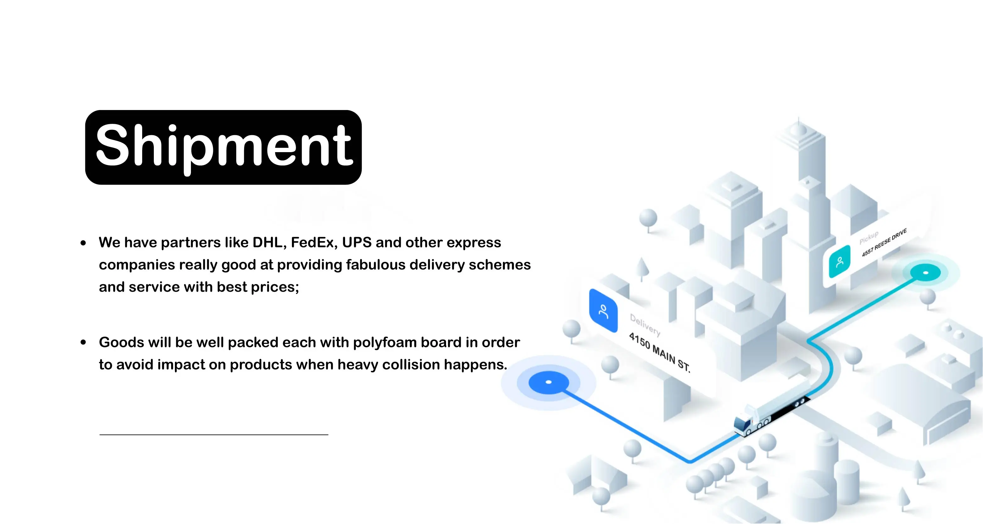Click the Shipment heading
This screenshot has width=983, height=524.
point(224,147)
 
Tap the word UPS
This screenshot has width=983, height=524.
point(356,243)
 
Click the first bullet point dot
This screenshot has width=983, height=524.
point(83,243)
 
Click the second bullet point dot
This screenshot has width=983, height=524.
point(83,342)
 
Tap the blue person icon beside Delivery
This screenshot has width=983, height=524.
point(603,311)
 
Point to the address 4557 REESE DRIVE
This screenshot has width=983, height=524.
point(884,243)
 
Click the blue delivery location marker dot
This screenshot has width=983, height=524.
point(549,382)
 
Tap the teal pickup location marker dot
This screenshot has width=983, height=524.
point(925,273)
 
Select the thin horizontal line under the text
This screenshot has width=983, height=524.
point(214,434)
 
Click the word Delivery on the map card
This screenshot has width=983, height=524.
point(645,324)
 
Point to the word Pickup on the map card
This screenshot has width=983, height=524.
point(869,237)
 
